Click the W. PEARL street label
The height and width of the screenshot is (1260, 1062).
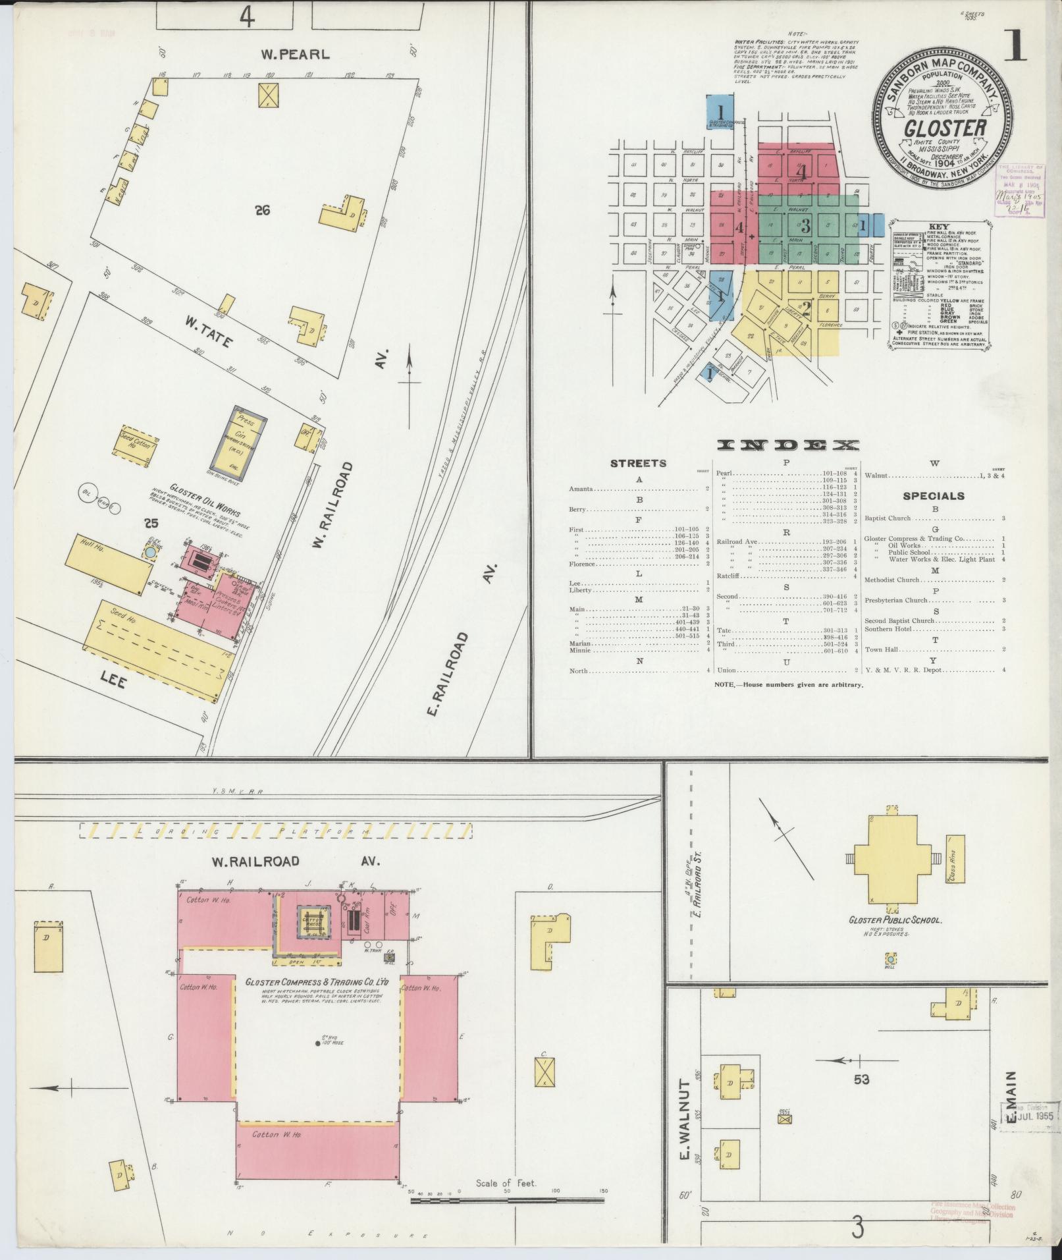tap(294, 55)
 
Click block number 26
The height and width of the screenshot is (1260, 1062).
tap(263, 211)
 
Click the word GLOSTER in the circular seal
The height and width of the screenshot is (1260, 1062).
tap(944, 127)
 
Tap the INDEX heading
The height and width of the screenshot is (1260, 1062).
tap(787, 446)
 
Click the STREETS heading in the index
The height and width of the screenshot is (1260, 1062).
tap(638, 464)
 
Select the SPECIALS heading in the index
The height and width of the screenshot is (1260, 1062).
tap(934, 496)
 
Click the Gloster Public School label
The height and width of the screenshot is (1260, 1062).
tap(895, 919)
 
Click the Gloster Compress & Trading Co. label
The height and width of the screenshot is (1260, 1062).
tap(317, 1000)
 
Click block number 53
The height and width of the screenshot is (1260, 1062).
tap(861, 1079)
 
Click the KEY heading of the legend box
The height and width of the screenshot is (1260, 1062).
tap(938, 226)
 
